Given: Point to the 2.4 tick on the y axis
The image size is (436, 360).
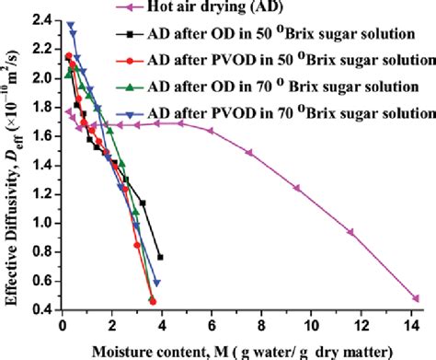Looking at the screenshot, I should pos(40,18).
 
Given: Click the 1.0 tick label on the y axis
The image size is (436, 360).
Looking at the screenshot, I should pos(40,222).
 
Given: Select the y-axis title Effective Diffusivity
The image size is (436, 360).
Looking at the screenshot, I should pos(11,175).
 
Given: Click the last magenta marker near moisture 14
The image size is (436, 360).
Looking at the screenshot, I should pos(417,298).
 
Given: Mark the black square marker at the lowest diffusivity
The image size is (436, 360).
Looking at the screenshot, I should pos(161,258).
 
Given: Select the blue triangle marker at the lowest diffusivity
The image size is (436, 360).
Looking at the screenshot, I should pos(156,283).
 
